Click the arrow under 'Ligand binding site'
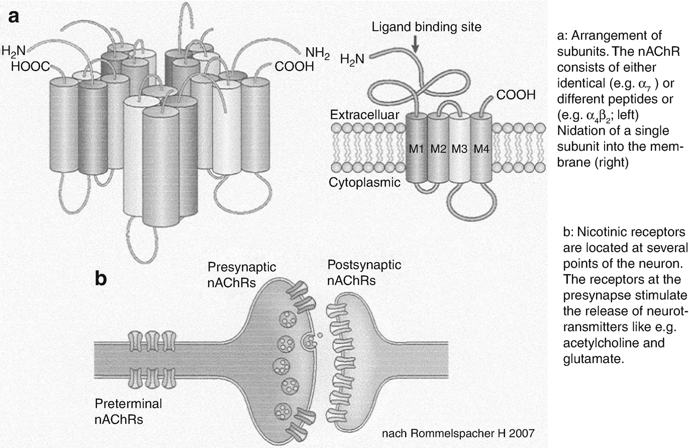(x=415, y=45)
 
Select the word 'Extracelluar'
(x=364, y=115)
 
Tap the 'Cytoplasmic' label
(x=364, y=182)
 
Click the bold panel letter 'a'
(x=14, y=17)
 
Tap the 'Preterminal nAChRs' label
(x=128, y=411)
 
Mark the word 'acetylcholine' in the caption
(x=601, y=344)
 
